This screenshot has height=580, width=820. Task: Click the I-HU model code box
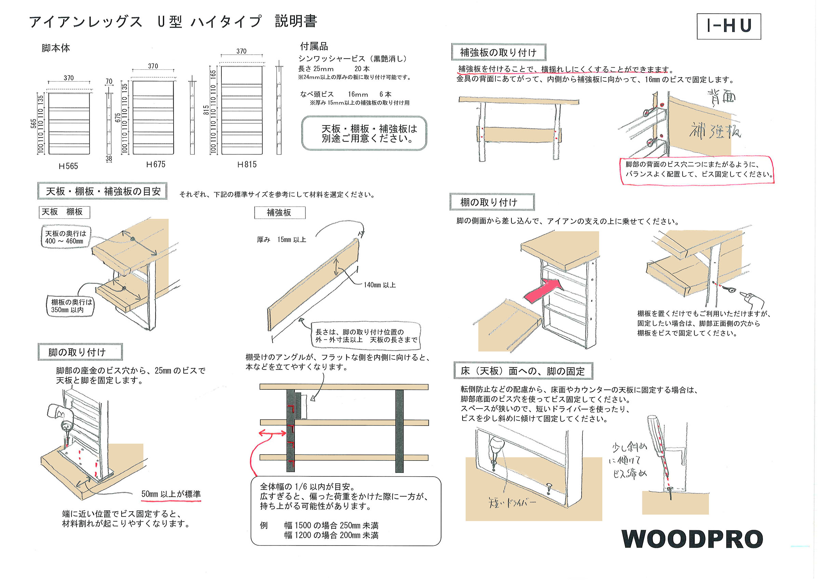click(728, 26)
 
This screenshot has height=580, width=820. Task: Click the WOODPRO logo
click(692, 539)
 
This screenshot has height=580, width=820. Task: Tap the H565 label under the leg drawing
click(68, 166)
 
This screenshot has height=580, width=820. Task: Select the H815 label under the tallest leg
click(247, 165)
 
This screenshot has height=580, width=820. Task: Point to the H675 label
click(156, 165)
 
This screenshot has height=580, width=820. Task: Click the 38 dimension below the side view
click(109, 158)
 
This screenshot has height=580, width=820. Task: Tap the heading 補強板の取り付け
click(498, 53)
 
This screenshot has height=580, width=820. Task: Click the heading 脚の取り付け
click(77, 353)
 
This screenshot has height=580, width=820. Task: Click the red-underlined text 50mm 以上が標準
click(171, 494)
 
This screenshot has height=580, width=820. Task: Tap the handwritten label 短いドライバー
click(512, 503)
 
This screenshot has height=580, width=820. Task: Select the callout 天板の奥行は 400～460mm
click(65, 237)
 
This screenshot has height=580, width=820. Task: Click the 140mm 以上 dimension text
click(379, 285)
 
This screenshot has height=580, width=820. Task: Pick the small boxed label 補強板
click(279, 213)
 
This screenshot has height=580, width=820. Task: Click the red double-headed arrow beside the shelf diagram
click(272, 433)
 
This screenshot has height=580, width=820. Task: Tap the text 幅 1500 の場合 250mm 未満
click(331, 526)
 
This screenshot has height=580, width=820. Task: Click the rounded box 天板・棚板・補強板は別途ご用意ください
click(364, 134)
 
